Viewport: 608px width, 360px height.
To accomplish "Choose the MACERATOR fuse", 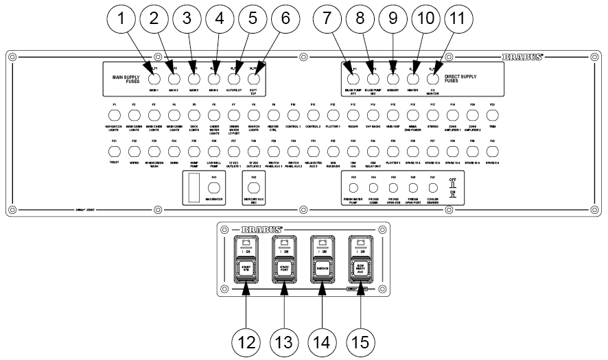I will pyautogui.click(x=214, y=187).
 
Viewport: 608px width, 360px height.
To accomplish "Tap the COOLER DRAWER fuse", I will pyautogui.click(x=432, y=187).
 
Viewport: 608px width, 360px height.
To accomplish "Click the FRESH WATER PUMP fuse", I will pyautogui.click(x=353, y=187).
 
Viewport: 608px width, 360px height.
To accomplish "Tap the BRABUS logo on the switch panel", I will pyautogui.click(x=262, y=228).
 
